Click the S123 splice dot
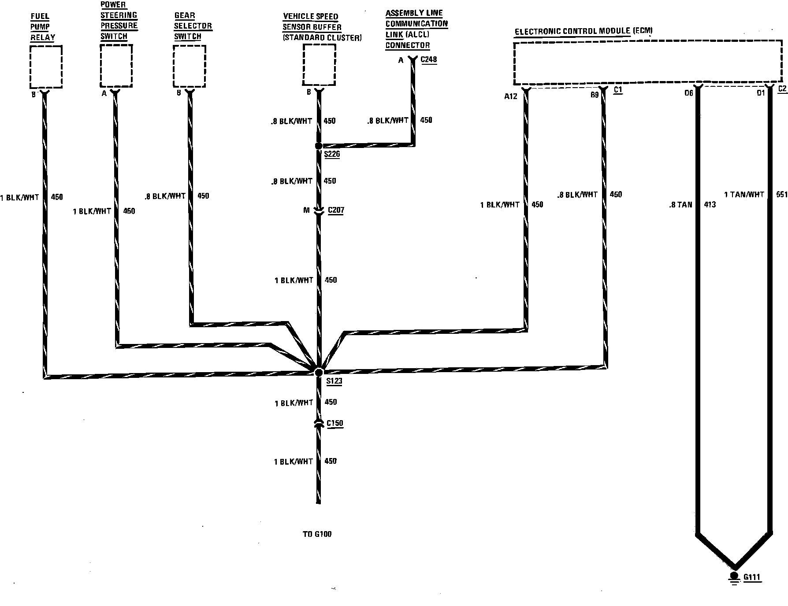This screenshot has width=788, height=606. [319, 372]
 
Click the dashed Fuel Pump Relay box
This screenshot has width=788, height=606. [45, 67]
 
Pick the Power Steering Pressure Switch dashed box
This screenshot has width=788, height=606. [116, 66]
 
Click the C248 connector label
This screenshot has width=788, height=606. [429, 59]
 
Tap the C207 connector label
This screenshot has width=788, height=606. [336, 210]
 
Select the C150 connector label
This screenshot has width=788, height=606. [335, 423]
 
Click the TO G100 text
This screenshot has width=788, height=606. [317, 534]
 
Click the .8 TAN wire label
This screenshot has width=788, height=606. [681, 204]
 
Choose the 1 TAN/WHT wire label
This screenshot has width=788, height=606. [744, 194]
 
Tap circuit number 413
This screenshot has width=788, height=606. [710, 204]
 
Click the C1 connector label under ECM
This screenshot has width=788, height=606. [618, 90]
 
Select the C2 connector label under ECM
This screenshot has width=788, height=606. [782, 89]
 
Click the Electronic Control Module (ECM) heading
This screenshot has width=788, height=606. [584, 31]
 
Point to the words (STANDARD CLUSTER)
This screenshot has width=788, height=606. [322, 38]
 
